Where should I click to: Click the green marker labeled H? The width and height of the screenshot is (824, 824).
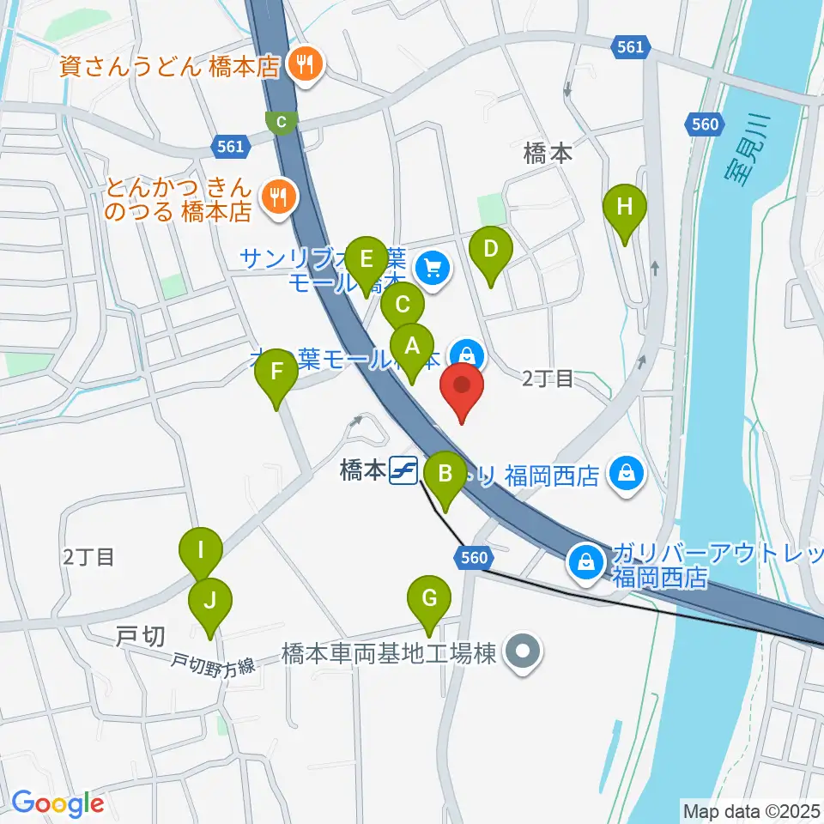625,208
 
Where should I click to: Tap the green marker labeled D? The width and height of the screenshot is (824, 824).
490,251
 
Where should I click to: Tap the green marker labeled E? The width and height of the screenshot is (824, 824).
367,259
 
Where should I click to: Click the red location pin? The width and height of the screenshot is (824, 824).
463,385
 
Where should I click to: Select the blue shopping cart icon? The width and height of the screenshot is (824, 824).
430,269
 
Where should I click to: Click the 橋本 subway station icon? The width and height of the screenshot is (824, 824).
403,470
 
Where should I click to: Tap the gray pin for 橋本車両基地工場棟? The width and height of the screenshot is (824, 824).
521,654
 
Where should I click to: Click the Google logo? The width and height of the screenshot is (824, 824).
58,804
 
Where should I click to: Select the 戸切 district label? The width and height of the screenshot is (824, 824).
139,636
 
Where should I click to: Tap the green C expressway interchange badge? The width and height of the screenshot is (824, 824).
282,122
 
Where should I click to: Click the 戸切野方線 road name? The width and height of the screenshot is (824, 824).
212,663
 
